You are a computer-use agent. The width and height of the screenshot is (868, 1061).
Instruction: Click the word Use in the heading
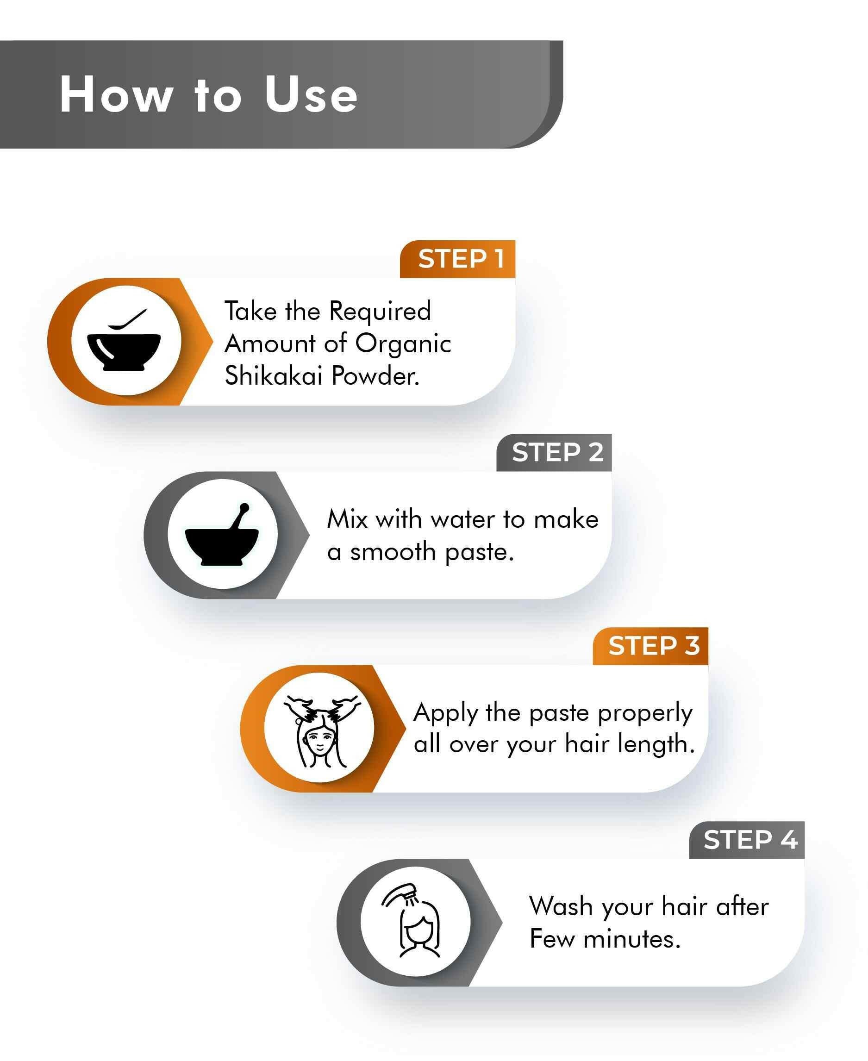311,94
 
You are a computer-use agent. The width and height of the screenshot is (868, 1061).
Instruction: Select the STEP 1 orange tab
457,259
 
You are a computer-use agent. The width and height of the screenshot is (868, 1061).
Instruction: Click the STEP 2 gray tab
554,453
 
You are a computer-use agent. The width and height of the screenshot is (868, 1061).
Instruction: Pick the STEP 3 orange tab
650,646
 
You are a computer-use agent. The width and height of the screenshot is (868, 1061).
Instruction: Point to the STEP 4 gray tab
747,840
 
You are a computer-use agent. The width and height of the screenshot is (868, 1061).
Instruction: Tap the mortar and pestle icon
221,534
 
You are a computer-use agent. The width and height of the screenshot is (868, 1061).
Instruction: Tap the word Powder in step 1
375,375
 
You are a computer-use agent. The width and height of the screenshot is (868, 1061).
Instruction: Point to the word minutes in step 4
632,939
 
